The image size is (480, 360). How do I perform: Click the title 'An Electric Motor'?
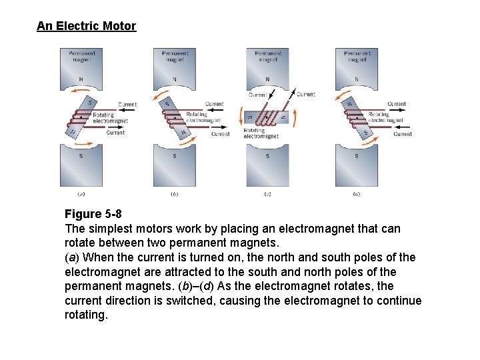click(x=86, y=27)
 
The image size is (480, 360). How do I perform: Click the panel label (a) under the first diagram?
click(x=81, y=194)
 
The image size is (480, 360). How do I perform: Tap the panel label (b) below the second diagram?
click(x=174, y=194)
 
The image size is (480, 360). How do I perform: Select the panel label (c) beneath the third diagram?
click(x=267, y=194)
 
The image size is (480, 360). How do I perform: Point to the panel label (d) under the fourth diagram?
click(x=357, y=194)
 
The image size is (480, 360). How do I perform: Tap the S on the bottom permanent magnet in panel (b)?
click(x=174, y=156)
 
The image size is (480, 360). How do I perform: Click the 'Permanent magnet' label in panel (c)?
click(x=268, y=56)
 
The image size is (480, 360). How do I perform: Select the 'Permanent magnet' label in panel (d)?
click(x=357, y=56)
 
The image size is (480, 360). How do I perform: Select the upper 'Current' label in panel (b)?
click(x=214, y=104)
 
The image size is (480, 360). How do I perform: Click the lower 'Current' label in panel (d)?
click(x=402, y=134)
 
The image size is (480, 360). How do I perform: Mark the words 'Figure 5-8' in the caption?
click(x=93, y=214)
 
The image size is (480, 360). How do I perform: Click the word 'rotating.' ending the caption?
click(x=86, y=315)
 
